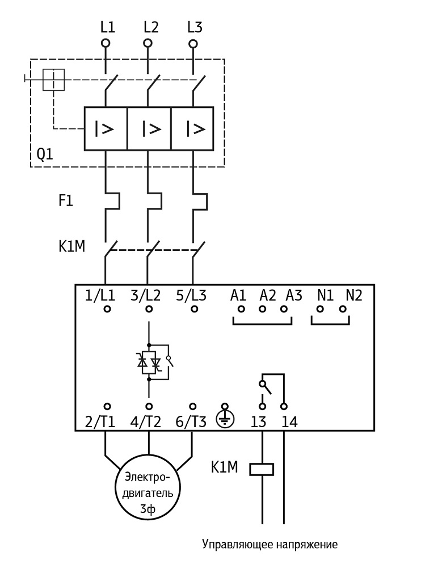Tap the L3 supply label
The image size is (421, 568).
point(195,27)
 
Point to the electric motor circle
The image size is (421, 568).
point(149,487)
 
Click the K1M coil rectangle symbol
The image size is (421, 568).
point(262,469)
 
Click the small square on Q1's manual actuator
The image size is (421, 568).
point(54,80)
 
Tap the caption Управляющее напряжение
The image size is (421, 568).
point(270,545)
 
